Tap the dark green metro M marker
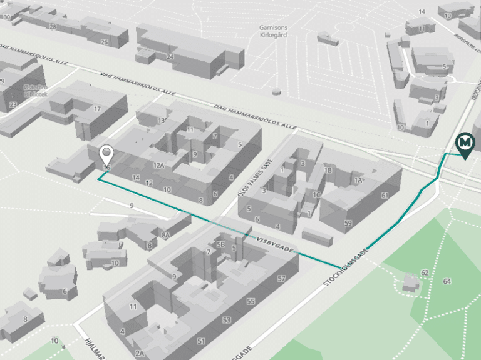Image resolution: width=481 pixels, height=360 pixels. click(x=465, y=145)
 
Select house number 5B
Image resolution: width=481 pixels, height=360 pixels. click(x=220, y=244)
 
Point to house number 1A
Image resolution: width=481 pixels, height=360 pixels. click(x=358, y=180)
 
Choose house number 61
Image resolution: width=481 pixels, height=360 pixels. click(x=384, y=196)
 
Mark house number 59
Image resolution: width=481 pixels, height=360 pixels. click(x=348, y=222)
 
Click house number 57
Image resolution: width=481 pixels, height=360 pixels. click(x=281, y=278)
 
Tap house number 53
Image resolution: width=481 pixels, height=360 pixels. click(x=226, y=320)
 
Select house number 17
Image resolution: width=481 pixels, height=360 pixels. click(x=97, y=109)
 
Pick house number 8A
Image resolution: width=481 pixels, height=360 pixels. click(x=165, y=235)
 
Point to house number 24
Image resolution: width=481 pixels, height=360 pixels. click(x=170, y=56)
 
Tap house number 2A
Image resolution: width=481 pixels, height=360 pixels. click(x=140, y=354)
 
